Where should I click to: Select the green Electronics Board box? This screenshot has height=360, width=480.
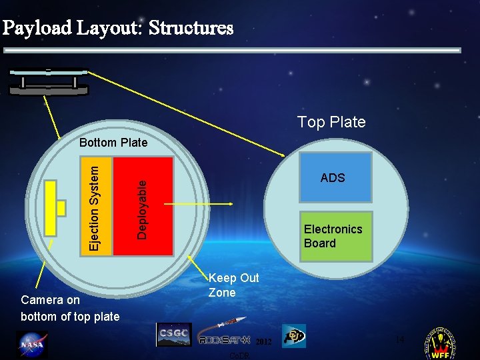click(x=337, y=236)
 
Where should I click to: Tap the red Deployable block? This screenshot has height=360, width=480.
click(x=143, y=207)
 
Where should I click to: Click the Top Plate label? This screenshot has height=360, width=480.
click(x=331, y=122)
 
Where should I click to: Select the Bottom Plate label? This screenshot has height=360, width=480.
click(x=113, y=143)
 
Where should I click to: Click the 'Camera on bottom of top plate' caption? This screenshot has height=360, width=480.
click(x=70, y=308)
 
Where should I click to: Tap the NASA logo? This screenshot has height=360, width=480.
click(x=31, y=345)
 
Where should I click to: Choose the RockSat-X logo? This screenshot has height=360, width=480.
click(x=223, y=333)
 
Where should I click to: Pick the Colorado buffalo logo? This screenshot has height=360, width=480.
click(x=294, y=336)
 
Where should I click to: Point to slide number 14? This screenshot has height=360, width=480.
click(x=399, y=340)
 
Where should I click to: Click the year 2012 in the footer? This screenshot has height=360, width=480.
click(x=263, y=341)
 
